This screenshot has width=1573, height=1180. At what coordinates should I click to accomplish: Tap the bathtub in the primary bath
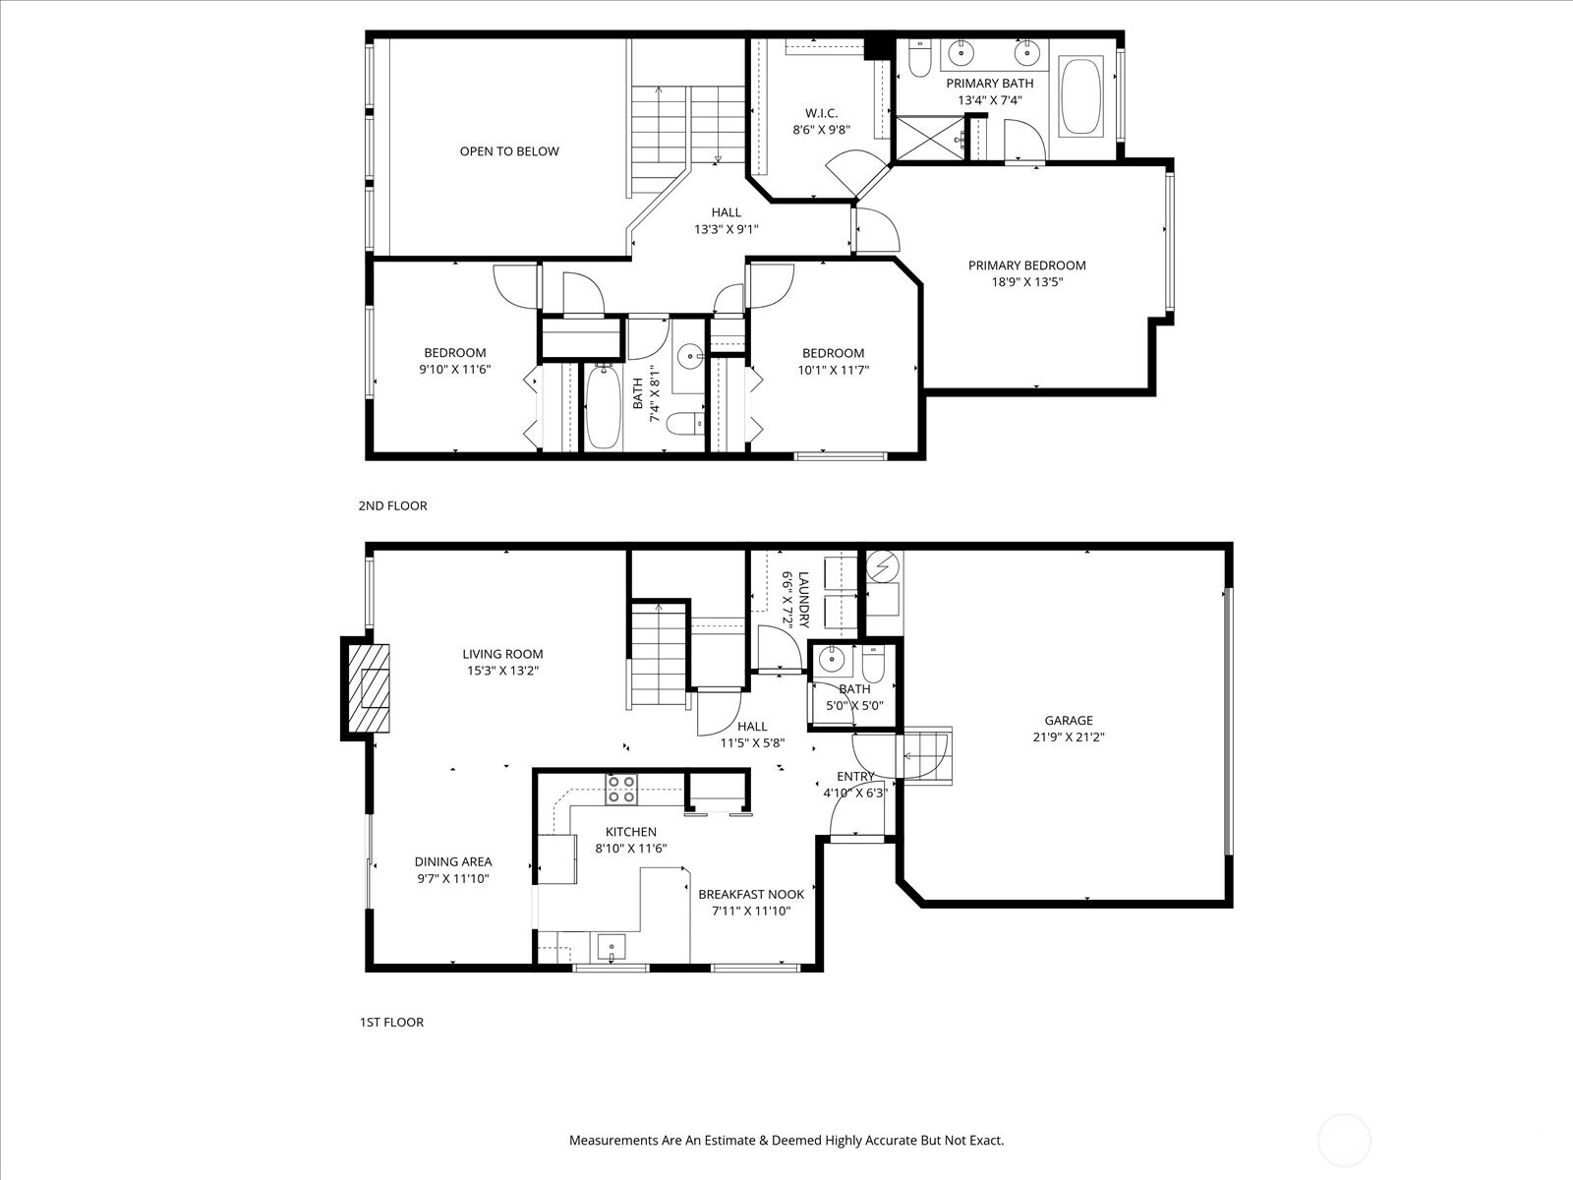[x=1081, y=97]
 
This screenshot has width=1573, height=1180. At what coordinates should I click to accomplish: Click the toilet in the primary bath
[x=918, y=58]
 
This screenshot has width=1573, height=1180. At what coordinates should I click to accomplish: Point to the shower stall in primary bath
[x=929, y=139]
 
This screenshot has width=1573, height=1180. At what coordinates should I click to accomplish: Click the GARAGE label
[x=1069, y=720]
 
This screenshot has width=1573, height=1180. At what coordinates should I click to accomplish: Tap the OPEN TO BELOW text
[x=509, y=151]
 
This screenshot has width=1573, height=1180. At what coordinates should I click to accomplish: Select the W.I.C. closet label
[x=821, y=113]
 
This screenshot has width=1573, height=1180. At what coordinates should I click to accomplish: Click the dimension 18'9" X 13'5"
[x=1027, y=281]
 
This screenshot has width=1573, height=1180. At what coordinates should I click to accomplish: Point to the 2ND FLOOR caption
[x=392, y=505]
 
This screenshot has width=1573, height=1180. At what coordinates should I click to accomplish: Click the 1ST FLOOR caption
[x=391, y=1022]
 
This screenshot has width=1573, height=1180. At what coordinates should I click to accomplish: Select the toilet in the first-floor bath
[x=874, y=664]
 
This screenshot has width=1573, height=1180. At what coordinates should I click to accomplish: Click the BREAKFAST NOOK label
[x=751, y=894]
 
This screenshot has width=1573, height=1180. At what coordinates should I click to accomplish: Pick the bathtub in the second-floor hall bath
[x=603, y=406]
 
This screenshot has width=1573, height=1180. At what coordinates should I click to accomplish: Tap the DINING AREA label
[x=453, y=862]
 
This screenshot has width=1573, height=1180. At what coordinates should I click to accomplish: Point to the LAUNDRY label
[x=803, y=600]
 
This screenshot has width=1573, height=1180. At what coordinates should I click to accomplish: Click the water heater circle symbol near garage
[x=882, y=566]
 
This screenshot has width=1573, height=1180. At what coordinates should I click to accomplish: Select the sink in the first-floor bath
[x=832, y=659]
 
